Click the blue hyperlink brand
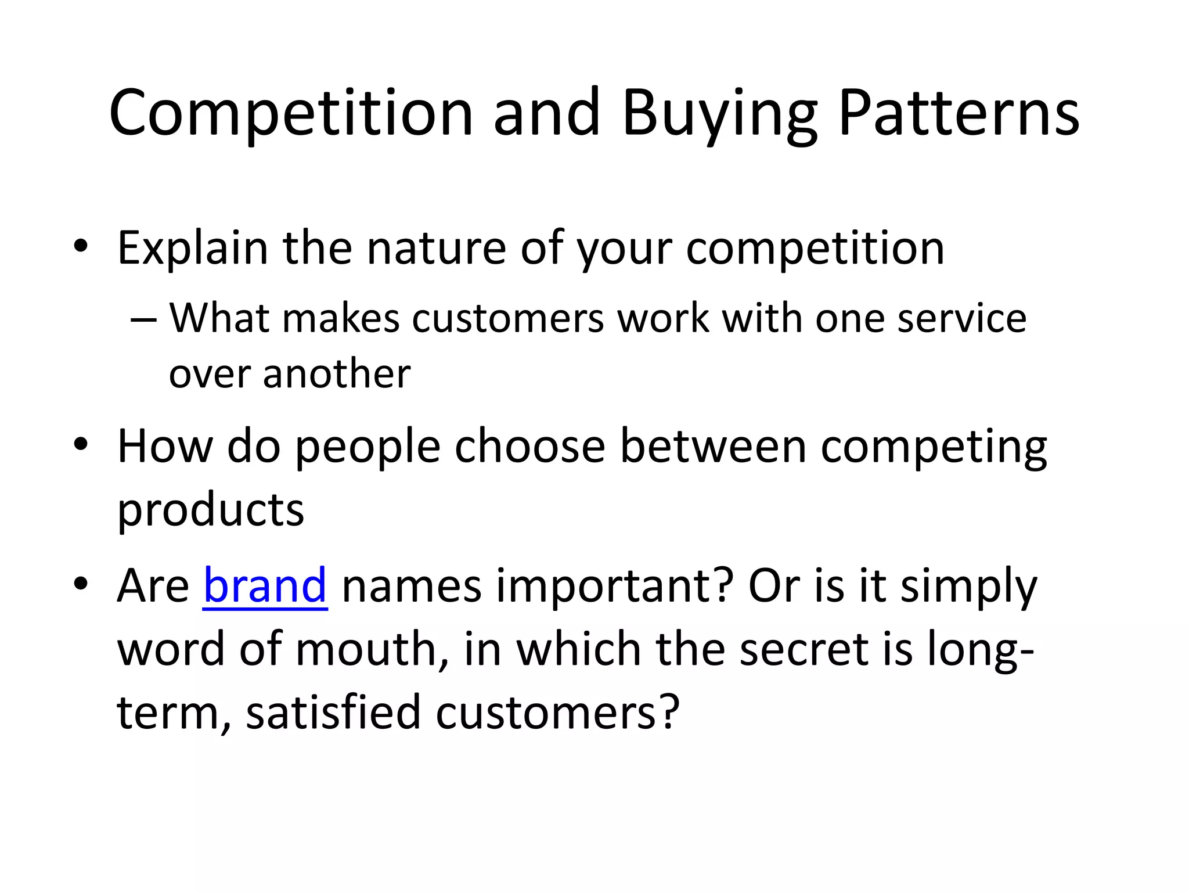coord(265,586)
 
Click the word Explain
coord(192,249)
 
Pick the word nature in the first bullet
coord(436,249)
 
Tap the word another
coord(337,373)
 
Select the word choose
coord(529,447)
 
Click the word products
coord(211,510)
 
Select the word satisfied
coord(333,713)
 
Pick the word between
coord(713,447)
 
